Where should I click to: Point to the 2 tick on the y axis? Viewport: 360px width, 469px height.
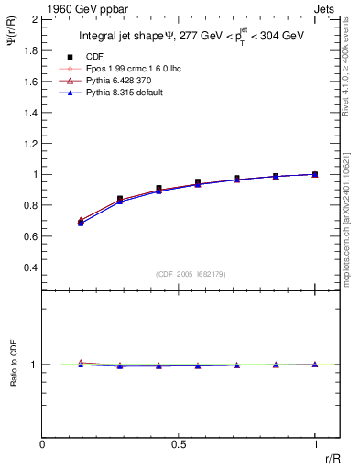33,18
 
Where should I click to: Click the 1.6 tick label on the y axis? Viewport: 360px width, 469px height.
29,81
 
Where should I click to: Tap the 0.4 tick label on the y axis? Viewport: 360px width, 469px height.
29,267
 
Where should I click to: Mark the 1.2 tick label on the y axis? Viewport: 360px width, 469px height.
29,143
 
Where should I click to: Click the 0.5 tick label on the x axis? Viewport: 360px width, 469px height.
179,443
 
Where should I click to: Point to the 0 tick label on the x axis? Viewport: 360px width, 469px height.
43,443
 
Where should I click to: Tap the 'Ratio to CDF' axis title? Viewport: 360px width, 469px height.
14,365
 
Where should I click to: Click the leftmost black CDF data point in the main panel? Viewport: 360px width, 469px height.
81,223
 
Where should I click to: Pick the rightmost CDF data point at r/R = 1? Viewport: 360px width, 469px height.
315,174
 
